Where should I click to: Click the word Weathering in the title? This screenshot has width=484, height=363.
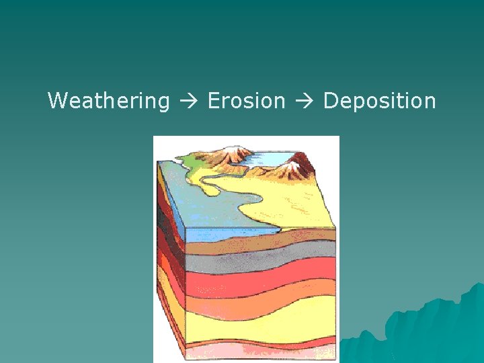[108, 102]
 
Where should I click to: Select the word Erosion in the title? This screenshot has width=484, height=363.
[247, 102]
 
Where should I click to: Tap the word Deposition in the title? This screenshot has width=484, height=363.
[379, 102]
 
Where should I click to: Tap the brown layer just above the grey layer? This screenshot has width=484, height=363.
[262, 247]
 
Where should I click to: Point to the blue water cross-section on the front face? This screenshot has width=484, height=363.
[222, 233]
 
